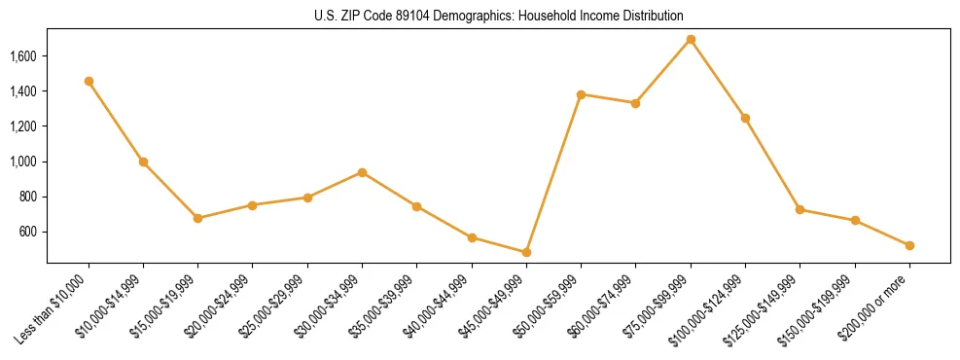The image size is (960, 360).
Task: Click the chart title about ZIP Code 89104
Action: pyautogui.click(x=499, y=17)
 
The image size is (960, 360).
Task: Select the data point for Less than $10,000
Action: pyautogui.click(x=89, y=82)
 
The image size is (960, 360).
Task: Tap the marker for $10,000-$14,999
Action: pyautogui.click(x=143, y=162)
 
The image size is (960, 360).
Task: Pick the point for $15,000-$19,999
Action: pyautogui.click(x=198, y=218)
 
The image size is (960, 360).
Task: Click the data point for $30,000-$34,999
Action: pyautogui.click(x=362, y=172)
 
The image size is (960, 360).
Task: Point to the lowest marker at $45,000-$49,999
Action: pyautogui.click(x=526, y=252)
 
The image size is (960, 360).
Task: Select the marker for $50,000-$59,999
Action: pyautogui.click(x=581, y=94)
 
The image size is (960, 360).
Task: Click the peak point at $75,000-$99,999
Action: pyautogui.click(x=691, y=39)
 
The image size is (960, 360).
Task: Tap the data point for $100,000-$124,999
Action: pyautogui.click(x=745, y=118)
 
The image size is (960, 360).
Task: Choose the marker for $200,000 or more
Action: pyautogui.click(x=909, y=245)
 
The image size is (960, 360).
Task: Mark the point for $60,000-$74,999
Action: pyautogui.click(x=635, y=103)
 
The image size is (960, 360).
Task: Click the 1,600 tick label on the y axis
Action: pyautogui.click(x=22, y=56)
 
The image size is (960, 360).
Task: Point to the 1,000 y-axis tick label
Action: pyautogui.click(x=22, y=162)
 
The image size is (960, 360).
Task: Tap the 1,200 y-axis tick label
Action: pyautogui.click(x=22, y=126)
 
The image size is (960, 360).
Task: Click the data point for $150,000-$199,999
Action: pyautogui.click(x=855, y=221)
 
